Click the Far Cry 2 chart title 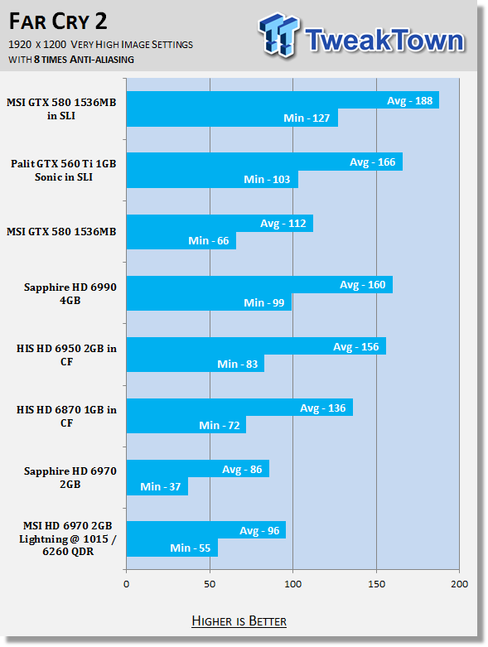click(58, 22)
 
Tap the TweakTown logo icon click(278, 35)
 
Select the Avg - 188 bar click(283, 100)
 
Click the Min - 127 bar click(232, 118)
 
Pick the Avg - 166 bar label click(373, 162)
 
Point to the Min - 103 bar click(212, 179)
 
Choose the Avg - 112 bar click(220, 223)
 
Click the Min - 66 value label click(208, 240)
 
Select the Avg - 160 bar click(259, 285)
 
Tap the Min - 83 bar click(196, 364)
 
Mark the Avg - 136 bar click(239, 408)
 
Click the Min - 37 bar click(157, 486)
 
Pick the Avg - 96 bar click(206, 530)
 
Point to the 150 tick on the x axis click(376, 584)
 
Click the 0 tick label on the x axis click(126, 584)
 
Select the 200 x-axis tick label click(460, 584)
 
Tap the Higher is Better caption click(239, 621)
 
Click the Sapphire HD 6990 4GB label click(70, 293)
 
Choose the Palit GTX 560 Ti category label click(64, 170)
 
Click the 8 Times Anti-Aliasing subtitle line click(71, 60)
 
